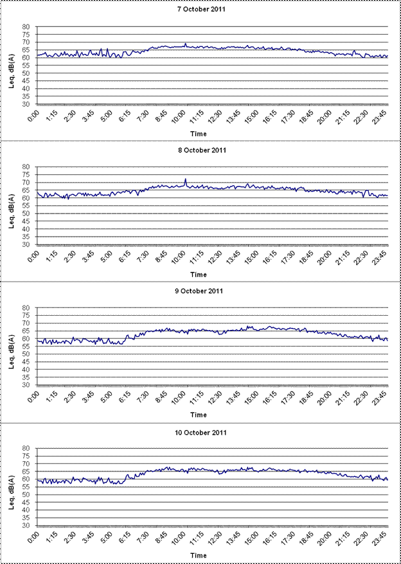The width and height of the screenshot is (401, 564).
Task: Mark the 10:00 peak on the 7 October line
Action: point(185,44)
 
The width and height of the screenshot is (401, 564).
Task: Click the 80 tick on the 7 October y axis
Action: point(26,27)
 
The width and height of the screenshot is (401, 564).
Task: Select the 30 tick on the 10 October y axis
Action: point(26,525)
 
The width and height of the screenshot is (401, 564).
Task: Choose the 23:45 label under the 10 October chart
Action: point(381,540)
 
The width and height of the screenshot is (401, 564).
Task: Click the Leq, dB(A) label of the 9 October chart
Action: point(11,347)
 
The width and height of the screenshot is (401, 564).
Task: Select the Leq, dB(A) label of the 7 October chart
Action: point(11,66)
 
